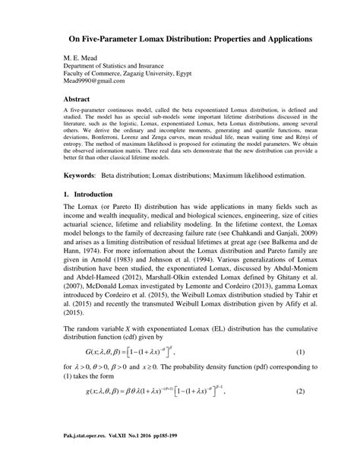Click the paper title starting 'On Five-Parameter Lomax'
[180, 37]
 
